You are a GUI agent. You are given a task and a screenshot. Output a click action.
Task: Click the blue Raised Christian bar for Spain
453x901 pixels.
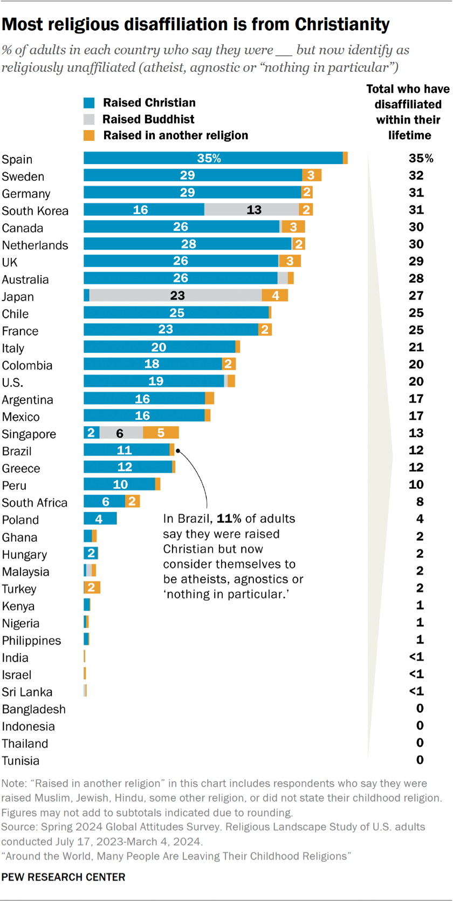(213, 158)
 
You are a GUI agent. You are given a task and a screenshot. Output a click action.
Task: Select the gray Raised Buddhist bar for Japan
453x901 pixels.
(175, 295)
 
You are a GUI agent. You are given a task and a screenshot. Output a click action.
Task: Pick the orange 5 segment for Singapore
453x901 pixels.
(161, 433)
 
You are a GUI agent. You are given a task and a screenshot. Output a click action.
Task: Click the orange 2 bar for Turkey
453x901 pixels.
(92, 588)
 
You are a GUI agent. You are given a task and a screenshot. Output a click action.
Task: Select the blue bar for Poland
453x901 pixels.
(100, 519)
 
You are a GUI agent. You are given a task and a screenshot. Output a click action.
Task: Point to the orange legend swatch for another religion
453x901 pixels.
(89, 135)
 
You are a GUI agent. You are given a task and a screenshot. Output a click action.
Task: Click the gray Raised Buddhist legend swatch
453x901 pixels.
(89, 119)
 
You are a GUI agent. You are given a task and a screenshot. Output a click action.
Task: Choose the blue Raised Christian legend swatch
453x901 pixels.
(89, 103)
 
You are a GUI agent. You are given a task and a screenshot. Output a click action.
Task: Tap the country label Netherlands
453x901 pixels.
(35, 245)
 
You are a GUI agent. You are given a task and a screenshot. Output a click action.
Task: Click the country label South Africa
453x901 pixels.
(35, 503)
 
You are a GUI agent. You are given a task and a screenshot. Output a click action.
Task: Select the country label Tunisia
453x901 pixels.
(20, 761)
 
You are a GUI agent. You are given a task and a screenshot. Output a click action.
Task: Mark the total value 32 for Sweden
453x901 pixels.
(416, 175)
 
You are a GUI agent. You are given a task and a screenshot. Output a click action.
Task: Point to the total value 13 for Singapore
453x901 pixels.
(416, 433)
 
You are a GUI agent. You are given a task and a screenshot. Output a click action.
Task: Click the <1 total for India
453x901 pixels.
(416, 657)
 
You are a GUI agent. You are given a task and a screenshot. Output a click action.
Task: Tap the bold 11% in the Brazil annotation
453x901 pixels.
(229, 518)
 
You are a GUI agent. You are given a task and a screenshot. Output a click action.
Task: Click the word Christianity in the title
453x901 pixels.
(342, 24)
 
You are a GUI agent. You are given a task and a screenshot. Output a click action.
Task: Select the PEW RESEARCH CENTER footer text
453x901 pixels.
(63, 877)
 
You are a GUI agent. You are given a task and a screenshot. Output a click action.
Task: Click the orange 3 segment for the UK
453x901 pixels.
(290, 261)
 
